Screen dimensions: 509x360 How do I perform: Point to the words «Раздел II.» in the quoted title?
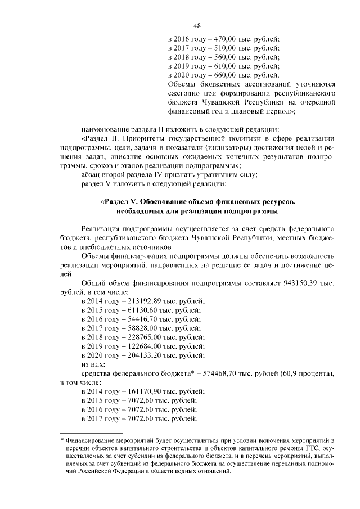(103, 138)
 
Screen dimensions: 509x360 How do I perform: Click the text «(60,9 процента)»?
(307, 373)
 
